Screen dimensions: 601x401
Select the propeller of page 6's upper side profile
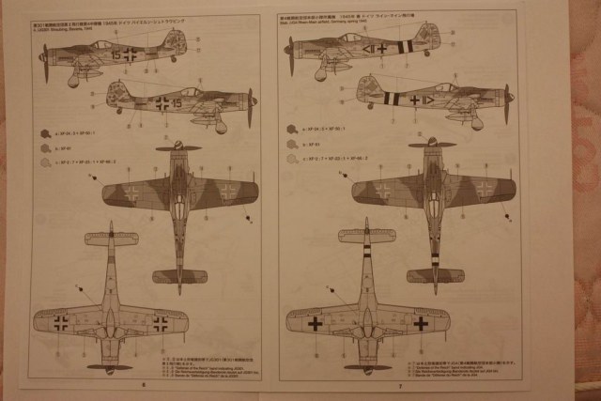coord(44,57)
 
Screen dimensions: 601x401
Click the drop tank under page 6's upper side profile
coord(73,81)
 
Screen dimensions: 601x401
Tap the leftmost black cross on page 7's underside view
coord(316,323)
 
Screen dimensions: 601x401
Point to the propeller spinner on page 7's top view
coord(434,141)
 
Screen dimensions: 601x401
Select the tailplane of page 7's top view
coord(435,275)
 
